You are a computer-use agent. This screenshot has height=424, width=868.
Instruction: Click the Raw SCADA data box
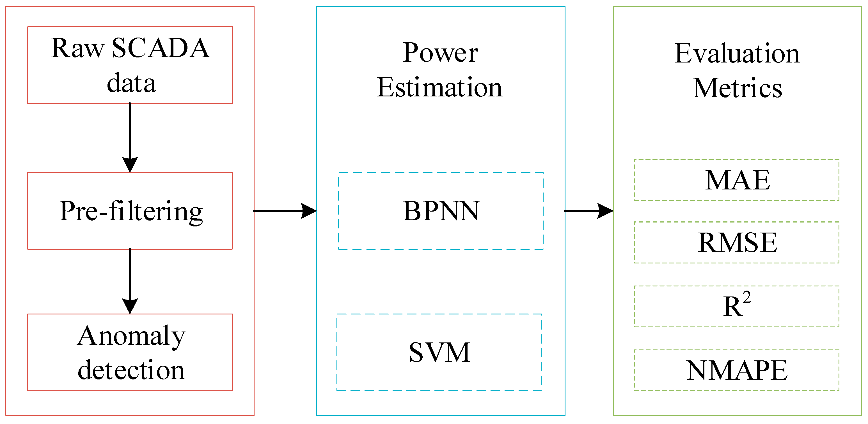point(130,65)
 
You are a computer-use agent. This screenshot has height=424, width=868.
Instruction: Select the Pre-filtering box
point(130,211)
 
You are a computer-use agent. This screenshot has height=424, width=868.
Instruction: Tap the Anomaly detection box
point(130,352)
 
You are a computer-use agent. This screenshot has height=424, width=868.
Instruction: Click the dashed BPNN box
point(441,211)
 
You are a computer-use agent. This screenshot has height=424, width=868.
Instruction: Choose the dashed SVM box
point(439,352)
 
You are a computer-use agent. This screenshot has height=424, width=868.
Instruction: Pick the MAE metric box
point(737,180)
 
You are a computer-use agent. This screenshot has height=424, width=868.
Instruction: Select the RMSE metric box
point(737,242)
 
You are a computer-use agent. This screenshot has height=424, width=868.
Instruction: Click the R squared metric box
point(737,306)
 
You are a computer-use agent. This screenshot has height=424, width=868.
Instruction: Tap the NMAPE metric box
point(737,370)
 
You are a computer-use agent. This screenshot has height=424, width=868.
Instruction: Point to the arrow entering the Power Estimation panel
point(285,211)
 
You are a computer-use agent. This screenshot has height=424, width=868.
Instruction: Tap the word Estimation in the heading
point(439,87)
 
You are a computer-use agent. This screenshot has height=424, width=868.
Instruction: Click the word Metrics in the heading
point(737,88)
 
